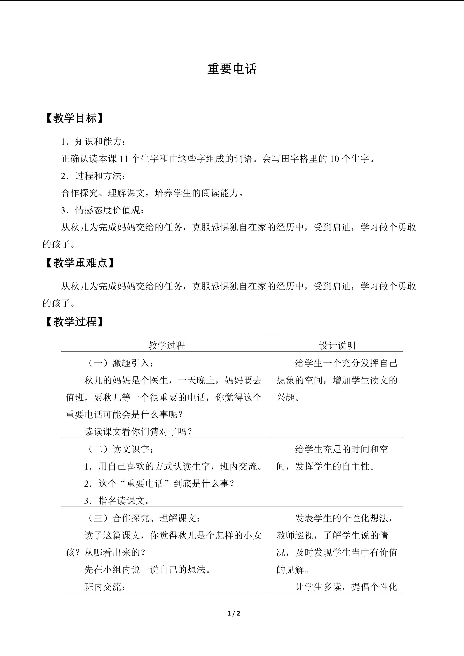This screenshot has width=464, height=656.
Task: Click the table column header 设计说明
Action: [337, 345]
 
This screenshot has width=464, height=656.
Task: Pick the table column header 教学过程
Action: [167, 345]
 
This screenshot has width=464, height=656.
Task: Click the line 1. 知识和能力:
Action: [93, 142]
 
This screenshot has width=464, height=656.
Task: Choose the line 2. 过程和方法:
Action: [93, 176]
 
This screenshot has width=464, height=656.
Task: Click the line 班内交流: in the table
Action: [105, 587]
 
